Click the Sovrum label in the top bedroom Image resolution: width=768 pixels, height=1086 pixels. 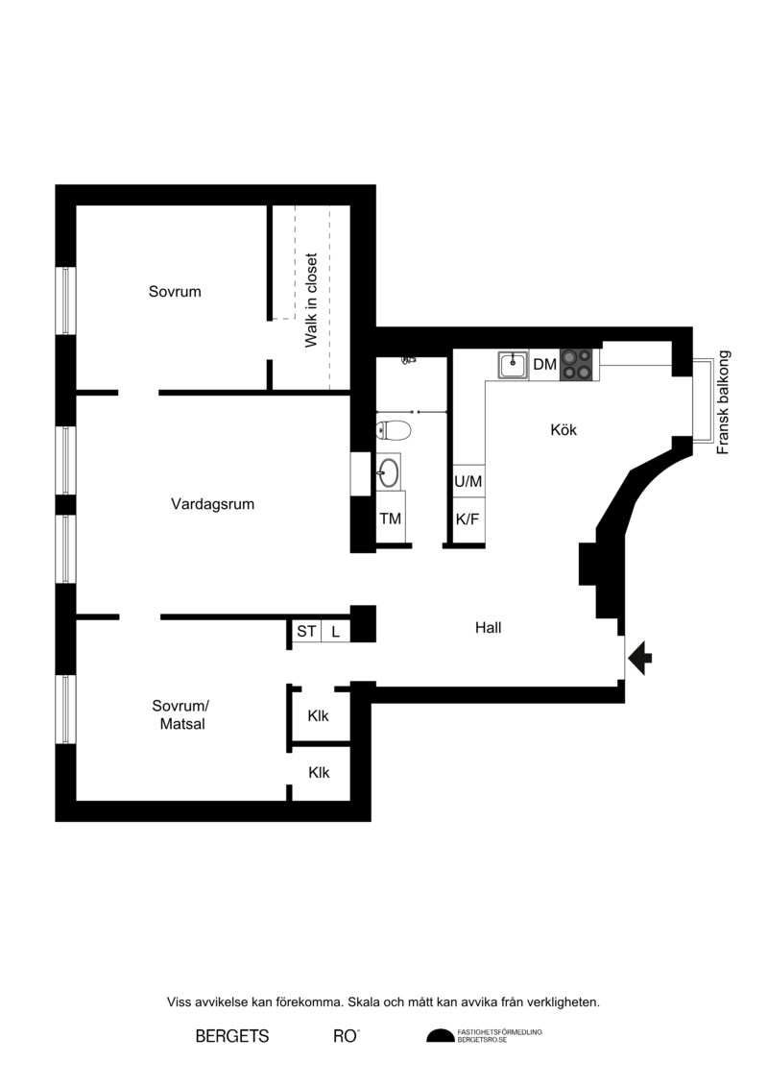click(175, 292)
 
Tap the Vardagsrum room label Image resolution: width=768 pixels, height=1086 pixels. click(212, 504)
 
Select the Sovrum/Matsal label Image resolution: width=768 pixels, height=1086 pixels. click(180, 714)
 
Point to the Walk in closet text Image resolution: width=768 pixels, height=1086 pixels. click(311, 300)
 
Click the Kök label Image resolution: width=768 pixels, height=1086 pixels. click(564, 430)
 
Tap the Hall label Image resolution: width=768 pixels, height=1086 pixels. click(489, 627)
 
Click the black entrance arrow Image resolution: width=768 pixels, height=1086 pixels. click(640, 658)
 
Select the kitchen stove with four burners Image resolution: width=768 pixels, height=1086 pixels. click(577, 364)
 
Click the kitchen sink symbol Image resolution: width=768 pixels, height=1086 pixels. click(514, 365)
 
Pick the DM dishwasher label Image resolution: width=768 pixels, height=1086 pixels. click(545, 364)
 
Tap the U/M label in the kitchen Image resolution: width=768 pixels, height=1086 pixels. click(468, 481)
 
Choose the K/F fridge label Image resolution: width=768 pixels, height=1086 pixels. click(468, 519)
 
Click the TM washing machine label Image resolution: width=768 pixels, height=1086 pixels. click(391, 519)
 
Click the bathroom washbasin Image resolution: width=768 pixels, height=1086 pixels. click(389, 472)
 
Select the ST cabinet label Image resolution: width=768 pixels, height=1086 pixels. click(306, 631)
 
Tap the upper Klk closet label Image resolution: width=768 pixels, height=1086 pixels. click(319, 716)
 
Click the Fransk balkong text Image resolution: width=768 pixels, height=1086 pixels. click(723, 402)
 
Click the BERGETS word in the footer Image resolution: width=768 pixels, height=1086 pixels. click(232, 1036)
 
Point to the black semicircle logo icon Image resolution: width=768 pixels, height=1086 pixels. click(440, 1036)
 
